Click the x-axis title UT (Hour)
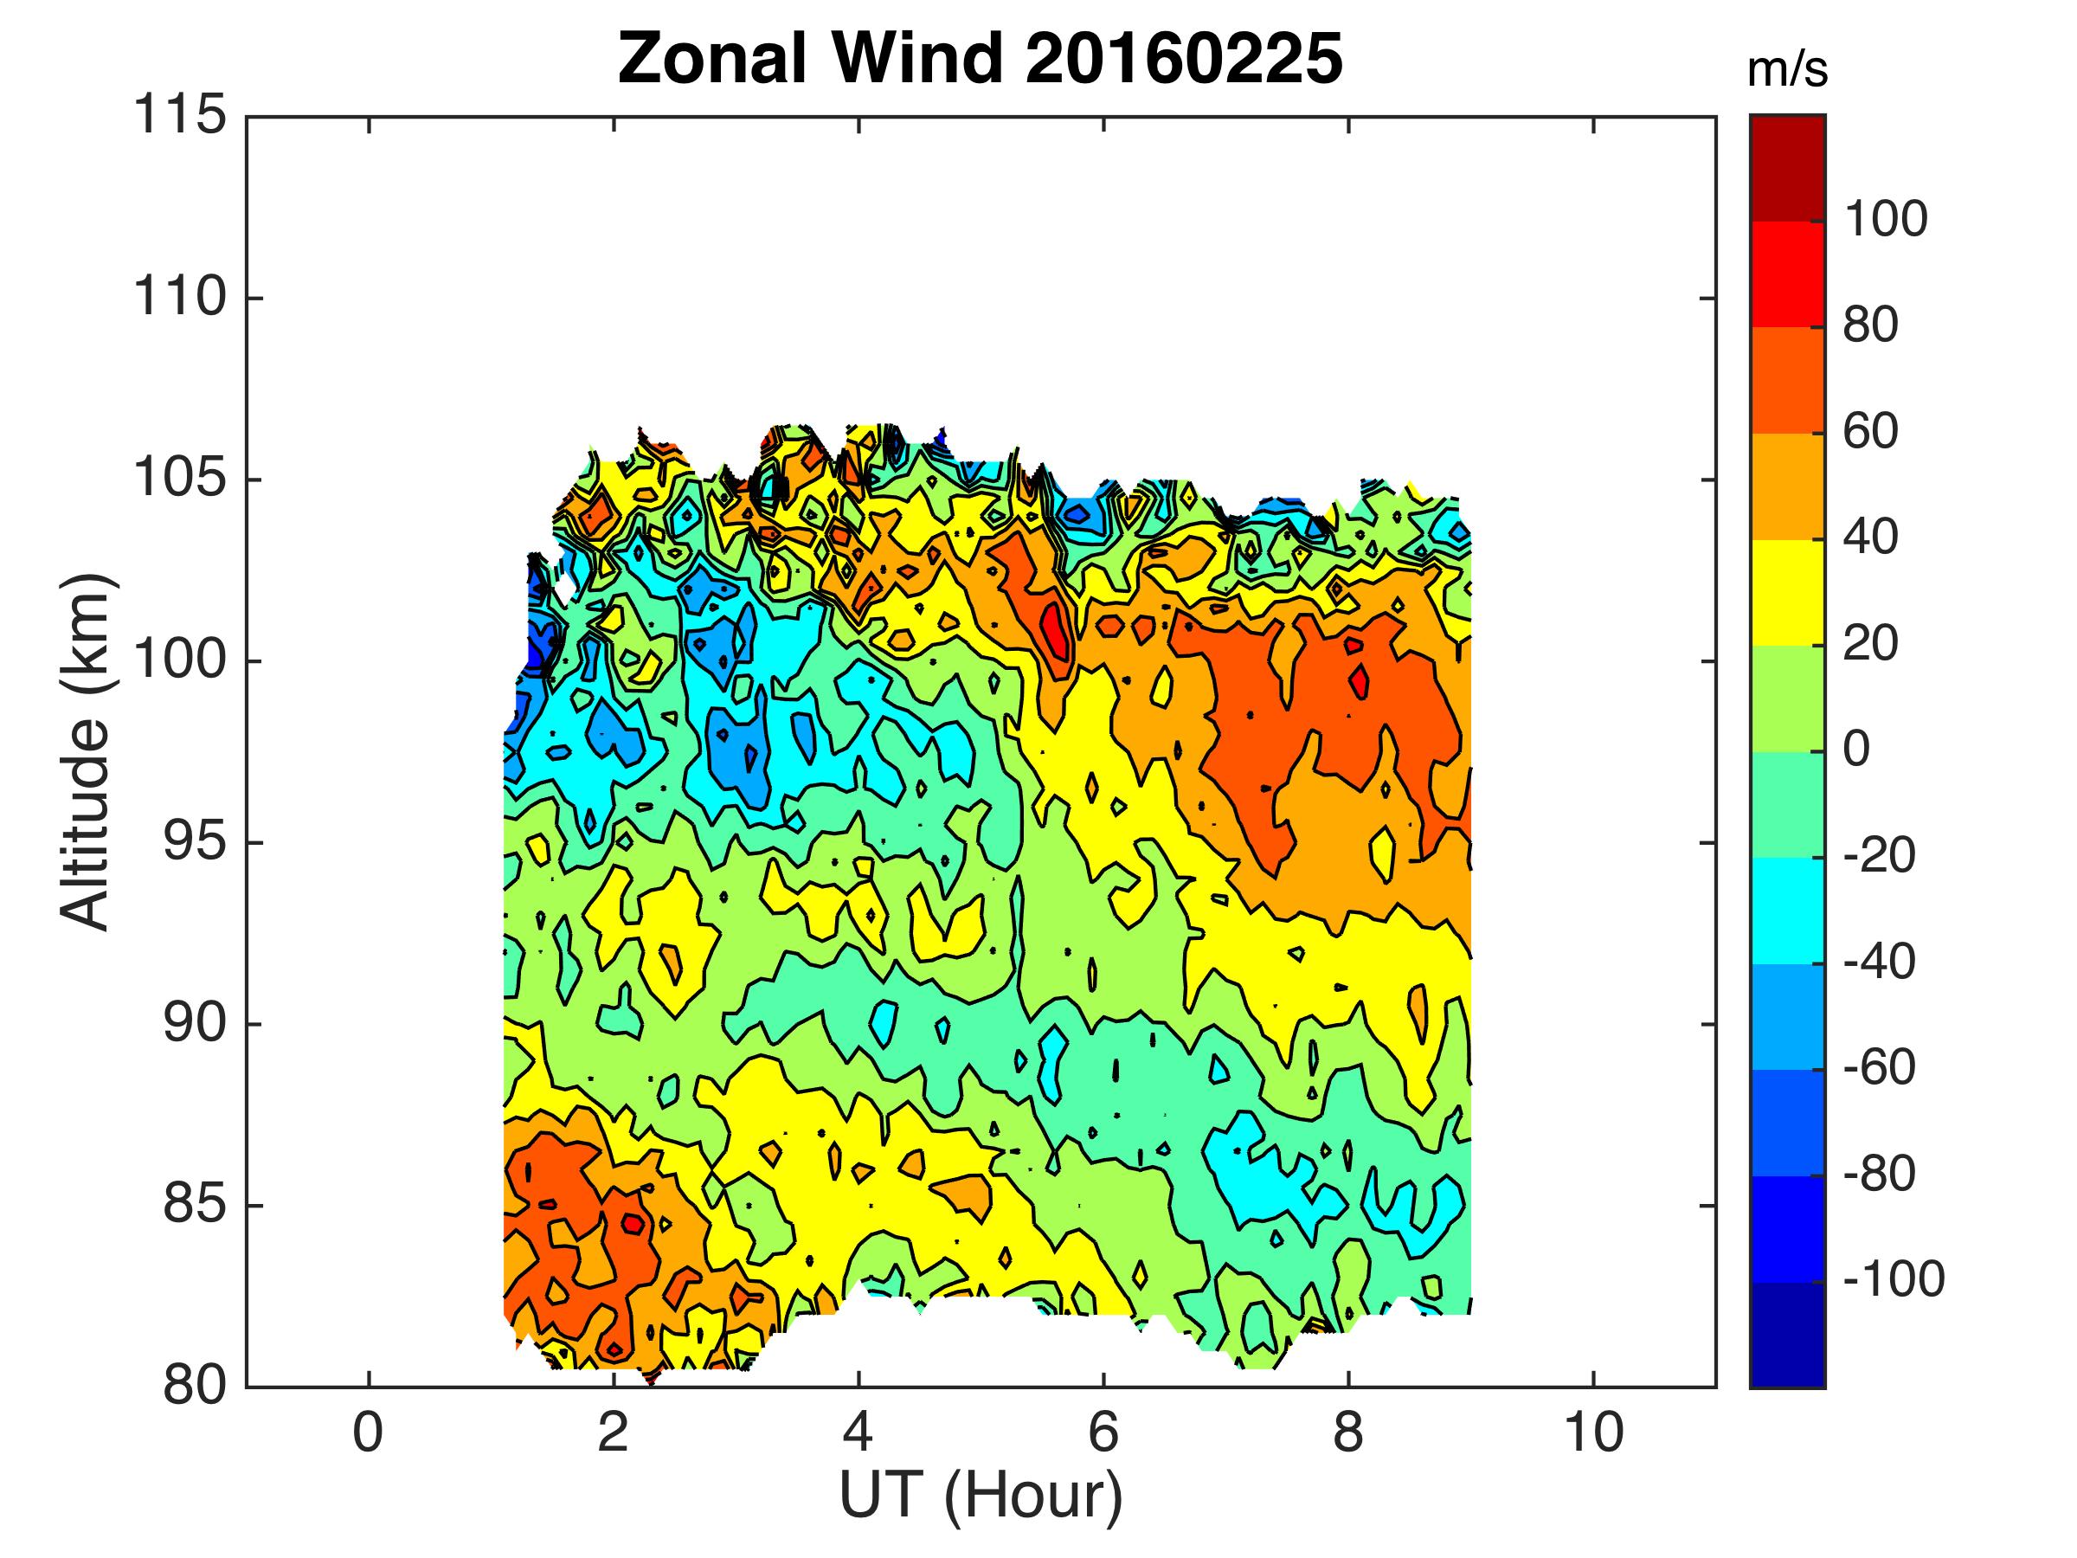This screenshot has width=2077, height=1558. [981, 1495]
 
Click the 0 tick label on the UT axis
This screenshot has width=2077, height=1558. [368, 1434]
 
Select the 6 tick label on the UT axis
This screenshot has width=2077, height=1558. [1103, 1434]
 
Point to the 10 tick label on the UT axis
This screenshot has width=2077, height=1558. [1593, 1434]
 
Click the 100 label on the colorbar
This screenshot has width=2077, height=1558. [1886, 221]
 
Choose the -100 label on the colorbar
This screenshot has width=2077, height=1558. [1893, 1280]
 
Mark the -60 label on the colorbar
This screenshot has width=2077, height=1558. [1878, 1068]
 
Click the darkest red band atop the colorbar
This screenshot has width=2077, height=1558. [1787, 167]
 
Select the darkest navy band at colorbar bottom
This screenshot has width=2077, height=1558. [1787, 1334]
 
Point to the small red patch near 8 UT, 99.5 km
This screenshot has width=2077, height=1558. [1360, 682]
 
